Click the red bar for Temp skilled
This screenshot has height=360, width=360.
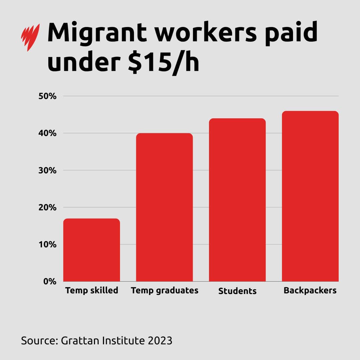pyautogui.click(x=91, y=250)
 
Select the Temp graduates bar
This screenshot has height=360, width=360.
pyautogui.click(x=164, y=207)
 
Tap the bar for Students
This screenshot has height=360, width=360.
pyautogui.click(x=237, y=200)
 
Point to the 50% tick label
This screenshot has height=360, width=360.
pyautogui.click(x=48, y=96)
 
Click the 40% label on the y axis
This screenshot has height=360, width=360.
pyautogui.click(x=48, y=133)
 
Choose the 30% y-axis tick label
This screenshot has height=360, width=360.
pyautogui.click(x=48, y=170)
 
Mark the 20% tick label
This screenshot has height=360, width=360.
pyautogui.click(x=48, y=207)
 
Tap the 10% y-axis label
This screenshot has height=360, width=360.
pyautogui.click(x=48, y=244)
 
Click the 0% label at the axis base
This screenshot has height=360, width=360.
pyautogui.click(x=50, y=281)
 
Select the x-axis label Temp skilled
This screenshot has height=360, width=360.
pyautogui.click(x=92, y=290)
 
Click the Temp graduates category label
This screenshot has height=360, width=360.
pyautogui.click(x=165, y=290)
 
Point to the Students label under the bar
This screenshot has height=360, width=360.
pyautogui.click(x=237, y=291)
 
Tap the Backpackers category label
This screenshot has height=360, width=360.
pyautogui.click(x=310, y=290)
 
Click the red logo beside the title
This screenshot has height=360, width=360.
pyautogui.click(x=30, y=37)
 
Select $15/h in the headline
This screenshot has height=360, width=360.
pyautogui.click(x=163, y=63)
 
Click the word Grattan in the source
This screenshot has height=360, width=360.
pyautogui.click(x=76, y=341)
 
